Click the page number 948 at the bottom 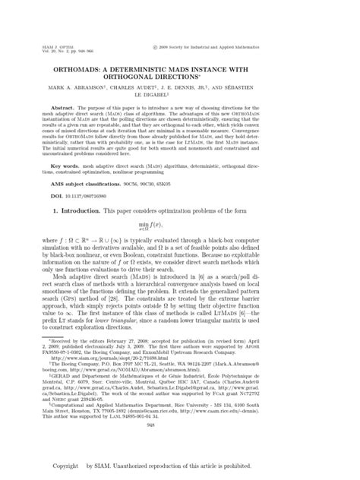[179, 427]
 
